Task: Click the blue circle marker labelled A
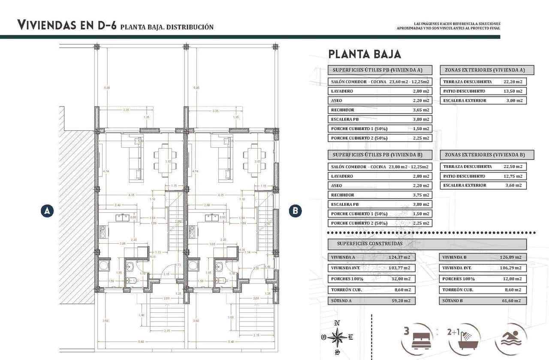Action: (x=47, y=211)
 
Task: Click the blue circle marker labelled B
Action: (x=295, y=211)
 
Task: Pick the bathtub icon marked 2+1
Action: (x=464, y=339)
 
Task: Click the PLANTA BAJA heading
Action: (x=365, y=54)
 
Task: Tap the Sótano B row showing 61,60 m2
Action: (x=483, y=301)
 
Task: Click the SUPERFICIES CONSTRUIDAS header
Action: (x=427, y=244)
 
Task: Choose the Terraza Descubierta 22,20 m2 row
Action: (x=483, y=82)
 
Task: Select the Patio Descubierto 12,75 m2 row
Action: (x=483, y=176)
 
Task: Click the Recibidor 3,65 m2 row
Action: (x=380, y=110)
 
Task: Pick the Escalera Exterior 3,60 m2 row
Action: (x=483, y=185)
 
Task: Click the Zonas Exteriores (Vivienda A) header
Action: (x=487, y=70)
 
